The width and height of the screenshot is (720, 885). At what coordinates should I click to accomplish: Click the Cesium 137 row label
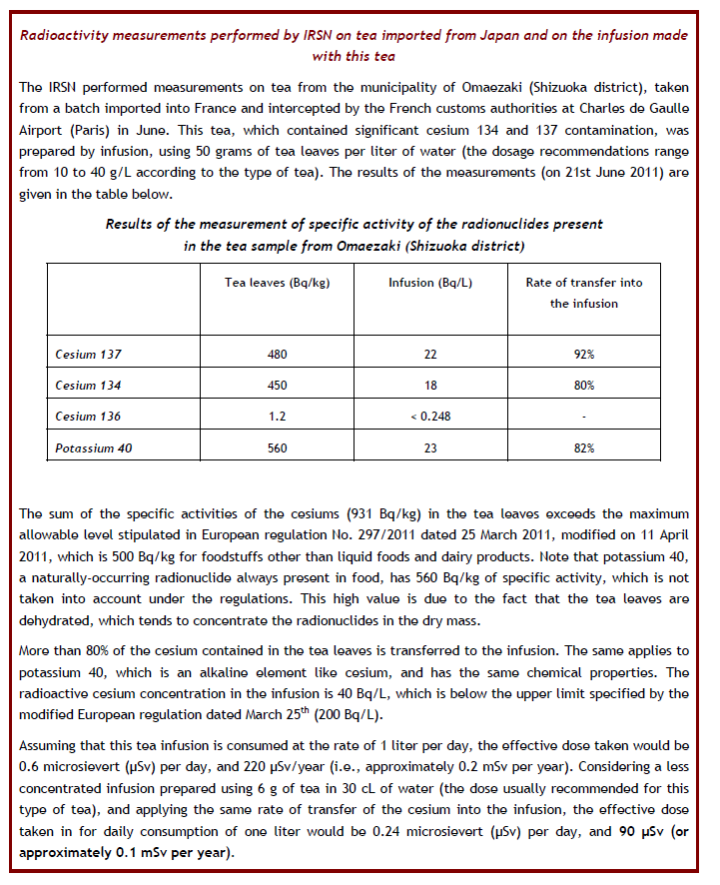(x=90, y=355)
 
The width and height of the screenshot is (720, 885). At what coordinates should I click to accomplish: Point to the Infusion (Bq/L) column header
(x=430, y=283)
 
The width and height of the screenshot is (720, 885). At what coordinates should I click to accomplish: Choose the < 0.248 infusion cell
(x=430, y=417)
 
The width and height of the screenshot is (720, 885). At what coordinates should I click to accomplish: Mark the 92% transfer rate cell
(x=584, y=355)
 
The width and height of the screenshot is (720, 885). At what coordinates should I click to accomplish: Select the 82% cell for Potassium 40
(x=584, y=448)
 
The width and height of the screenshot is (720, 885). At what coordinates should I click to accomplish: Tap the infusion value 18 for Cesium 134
(x=430, y=386)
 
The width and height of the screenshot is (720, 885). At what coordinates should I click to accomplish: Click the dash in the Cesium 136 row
(x=584, y=417)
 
